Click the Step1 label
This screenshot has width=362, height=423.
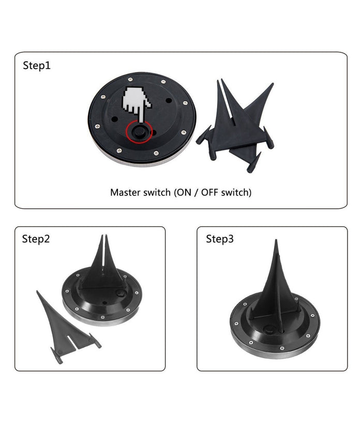coord(37,66)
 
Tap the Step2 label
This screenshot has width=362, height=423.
coord(36,239)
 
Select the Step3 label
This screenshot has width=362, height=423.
coord(220,239)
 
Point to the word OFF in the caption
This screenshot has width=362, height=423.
coord(210,193)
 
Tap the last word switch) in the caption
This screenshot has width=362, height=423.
coord(236,193)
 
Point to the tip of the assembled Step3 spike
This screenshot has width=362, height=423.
coord(276,240)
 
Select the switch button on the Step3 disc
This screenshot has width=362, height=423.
coord(269,329)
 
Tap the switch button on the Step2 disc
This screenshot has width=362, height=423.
coord(120,293)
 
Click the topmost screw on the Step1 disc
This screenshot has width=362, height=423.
coord(130,79)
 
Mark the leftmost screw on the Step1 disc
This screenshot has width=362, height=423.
coord(97,126)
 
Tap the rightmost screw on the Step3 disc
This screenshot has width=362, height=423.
coord(312,315)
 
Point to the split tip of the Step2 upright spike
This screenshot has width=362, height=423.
coord(104,236)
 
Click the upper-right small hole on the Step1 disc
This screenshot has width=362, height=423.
coord(169,100)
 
